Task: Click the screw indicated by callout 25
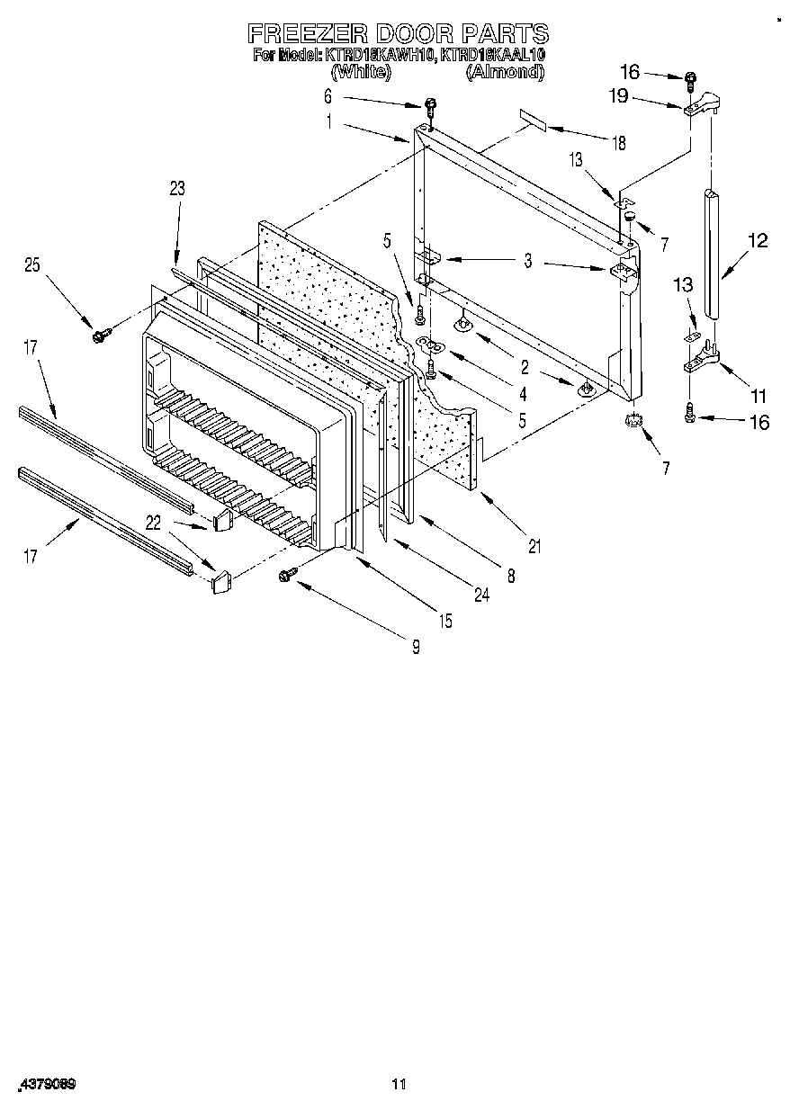[98, 335]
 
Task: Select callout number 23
[176, 188]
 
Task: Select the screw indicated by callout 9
[290, 573]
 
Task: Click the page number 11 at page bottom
[399, 1083]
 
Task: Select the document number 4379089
[45, 1084]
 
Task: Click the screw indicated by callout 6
[430, 106]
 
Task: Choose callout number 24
[482, 594]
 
